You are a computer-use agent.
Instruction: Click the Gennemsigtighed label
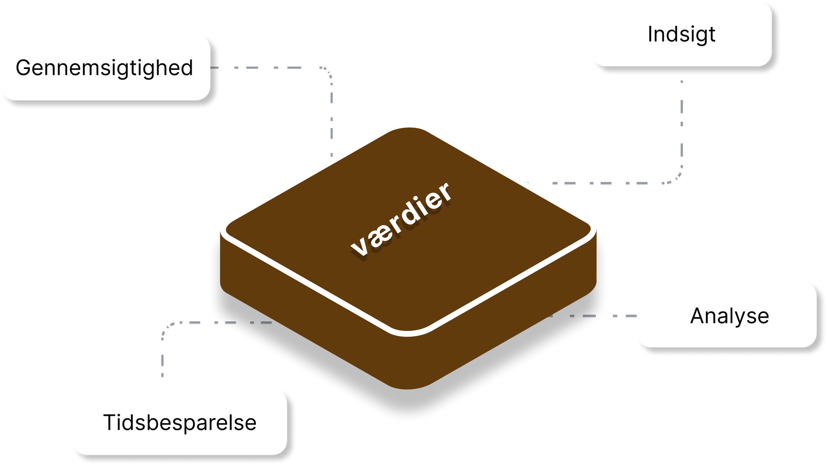104,68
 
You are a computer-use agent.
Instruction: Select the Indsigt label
681,34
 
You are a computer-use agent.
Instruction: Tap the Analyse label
730,316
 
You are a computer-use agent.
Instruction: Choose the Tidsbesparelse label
180,422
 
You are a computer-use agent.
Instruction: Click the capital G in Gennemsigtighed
24,68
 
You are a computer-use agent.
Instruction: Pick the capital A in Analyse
698,315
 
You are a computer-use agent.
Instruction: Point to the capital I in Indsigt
650,34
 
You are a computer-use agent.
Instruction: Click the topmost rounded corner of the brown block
408,128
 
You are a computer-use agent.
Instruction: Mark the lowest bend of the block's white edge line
407,334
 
